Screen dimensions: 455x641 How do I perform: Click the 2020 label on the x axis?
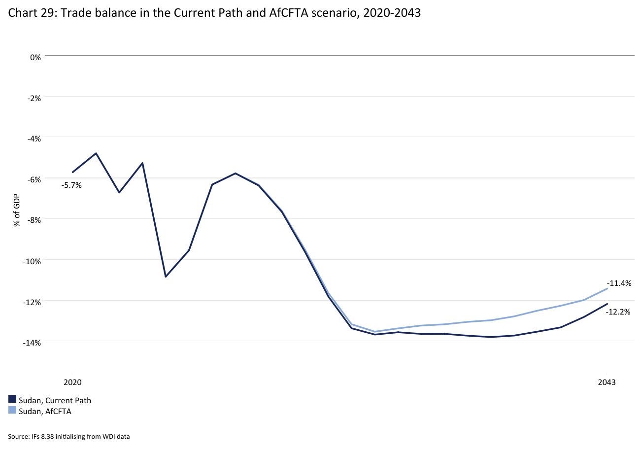pos(72,383)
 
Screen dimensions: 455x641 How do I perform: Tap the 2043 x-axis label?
pos(607,383)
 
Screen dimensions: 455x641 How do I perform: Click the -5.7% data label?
pos(71,186)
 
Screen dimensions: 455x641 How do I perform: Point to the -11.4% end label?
pos(619,283)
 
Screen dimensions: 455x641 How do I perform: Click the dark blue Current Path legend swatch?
pos(12,400)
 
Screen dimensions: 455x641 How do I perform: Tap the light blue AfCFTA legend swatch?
pos(12,411)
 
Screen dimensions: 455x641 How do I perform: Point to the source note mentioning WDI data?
pos(69,436)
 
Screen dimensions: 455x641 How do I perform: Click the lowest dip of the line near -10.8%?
pos(166,277)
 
